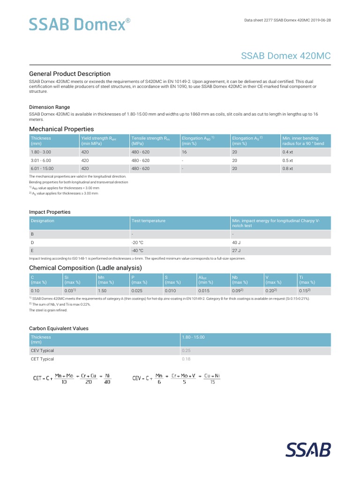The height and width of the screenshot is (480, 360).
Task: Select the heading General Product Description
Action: click(70, 74)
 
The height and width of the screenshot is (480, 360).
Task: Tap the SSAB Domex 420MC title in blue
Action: click(285, 56)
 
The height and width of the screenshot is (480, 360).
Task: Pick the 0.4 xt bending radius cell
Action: click(287, 152)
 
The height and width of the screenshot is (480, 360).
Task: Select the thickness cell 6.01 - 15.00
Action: click(42, 168)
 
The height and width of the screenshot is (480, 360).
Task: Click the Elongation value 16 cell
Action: click(184, 152)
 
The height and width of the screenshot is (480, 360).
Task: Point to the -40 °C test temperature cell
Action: click(137, 250)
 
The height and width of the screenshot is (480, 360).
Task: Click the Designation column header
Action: click(43, 221)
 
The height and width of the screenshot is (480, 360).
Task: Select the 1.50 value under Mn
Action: click(102, 291)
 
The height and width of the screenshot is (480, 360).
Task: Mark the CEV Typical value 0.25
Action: click(186, 351)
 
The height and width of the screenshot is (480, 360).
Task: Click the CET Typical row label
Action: click(43, 359)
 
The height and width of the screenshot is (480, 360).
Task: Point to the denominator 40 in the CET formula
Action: click(107, 382)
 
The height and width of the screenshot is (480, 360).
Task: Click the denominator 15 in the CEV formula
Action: click(212, 382)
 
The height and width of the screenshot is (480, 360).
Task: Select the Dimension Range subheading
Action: click(50, 107)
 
